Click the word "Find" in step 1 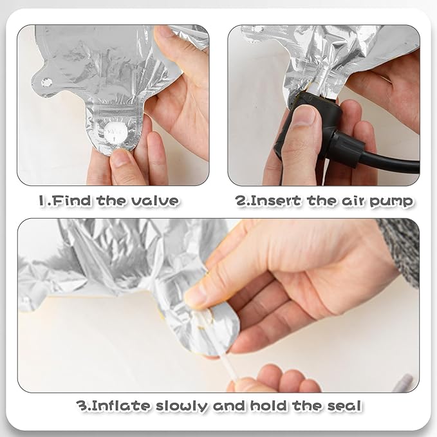71,201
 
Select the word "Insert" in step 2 275,201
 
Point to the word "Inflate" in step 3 122,405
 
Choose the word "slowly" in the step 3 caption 181,406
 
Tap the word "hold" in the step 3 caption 268,405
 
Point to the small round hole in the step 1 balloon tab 46,82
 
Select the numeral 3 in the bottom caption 82,405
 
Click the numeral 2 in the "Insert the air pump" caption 240,201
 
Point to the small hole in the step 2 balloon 257,29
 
